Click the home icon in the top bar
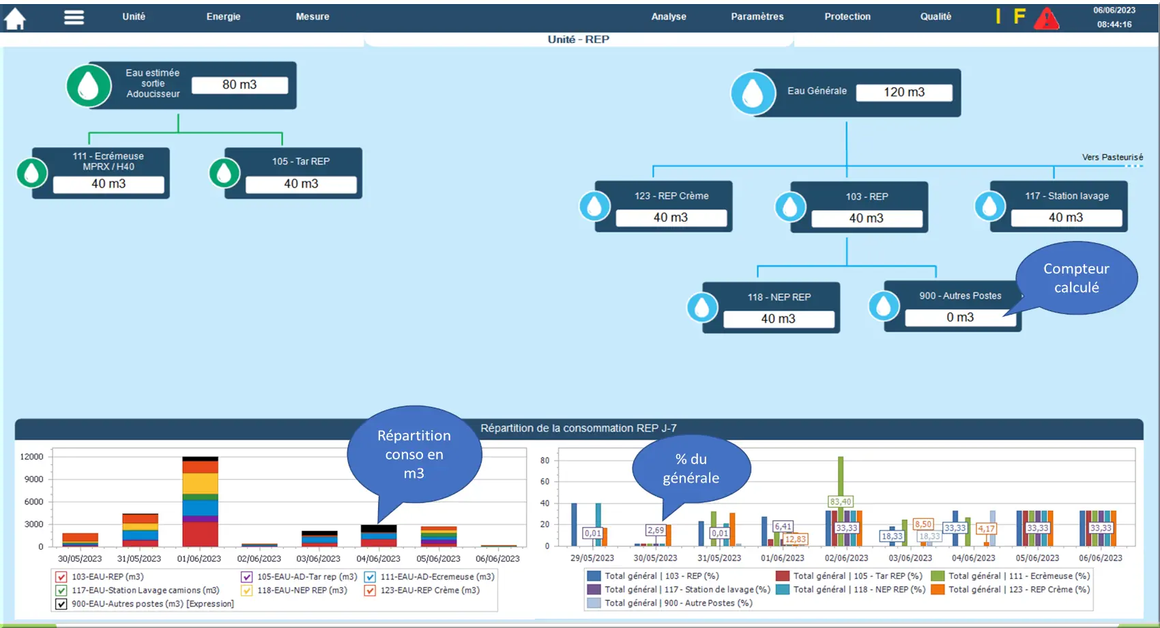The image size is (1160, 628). pos(15,18)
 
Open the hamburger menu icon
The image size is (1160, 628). pos(74,18)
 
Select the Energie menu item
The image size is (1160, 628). pos(223,16)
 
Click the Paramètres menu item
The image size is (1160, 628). pos(757,16)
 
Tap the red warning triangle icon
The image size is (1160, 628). pos(1047,18)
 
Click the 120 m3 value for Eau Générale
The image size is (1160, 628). pos(904,92)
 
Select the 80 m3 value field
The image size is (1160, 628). pos(240,85)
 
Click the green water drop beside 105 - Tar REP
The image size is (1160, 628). pos(224,173)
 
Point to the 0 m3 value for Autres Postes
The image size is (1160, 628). pos(960,317)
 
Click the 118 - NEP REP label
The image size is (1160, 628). pos(779,297)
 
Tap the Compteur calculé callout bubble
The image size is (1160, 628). pos(1076,278)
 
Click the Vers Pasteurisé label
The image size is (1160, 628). pos(1112,157)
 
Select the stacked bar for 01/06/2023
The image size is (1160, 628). pos(201,501)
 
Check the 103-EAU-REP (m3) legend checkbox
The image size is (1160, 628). pos(61,577)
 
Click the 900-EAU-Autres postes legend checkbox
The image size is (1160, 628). pos(61,604)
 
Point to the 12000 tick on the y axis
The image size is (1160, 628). pos(31,457)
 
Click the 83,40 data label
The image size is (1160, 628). pos(840,502)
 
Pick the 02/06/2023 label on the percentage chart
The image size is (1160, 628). pos(846,558)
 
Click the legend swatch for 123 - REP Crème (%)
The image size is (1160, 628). pos(938,590)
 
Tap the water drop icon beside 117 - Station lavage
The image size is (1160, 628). pos(989,206)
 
